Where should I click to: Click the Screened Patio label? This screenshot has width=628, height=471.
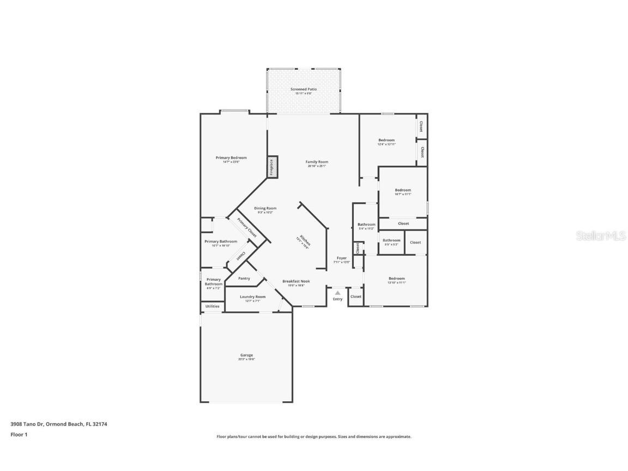[304, 89]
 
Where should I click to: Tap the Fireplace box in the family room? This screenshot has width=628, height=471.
[272, 167]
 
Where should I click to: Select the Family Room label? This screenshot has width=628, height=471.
[317, 162]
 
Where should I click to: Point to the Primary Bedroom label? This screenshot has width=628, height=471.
[231, 158]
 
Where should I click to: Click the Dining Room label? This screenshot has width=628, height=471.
[265, 208]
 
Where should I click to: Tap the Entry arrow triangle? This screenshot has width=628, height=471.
[337, 293]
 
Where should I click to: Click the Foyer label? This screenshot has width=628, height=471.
[341, 258]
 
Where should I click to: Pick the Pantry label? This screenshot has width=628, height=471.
[244, 279]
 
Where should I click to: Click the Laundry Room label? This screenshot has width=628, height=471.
[252, 297]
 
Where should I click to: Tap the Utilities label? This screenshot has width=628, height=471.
[213, 306]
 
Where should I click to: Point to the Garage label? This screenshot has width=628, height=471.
[246, 355]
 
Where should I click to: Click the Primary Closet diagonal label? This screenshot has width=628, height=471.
[246, 227]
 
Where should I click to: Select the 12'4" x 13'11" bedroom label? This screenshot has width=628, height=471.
[387, 141]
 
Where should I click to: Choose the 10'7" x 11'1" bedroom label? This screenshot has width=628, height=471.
[403, 190]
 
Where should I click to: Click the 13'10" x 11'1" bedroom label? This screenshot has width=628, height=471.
[396, 279]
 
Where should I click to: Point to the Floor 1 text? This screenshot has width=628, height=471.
[19, 434]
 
